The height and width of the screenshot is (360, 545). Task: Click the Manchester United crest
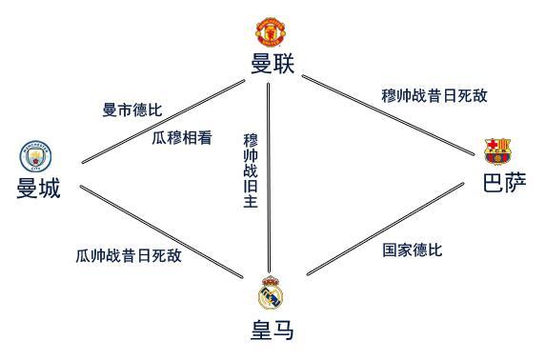272,32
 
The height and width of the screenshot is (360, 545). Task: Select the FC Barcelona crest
497,150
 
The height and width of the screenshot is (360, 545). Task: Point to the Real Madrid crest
272,293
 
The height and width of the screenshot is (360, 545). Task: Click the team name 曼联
272,64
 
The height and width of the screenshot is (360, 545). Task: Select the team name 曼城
38,189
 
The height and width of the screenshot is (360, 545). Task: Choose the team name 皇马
272,330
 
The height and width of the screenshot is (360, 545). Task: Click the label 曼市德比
131,110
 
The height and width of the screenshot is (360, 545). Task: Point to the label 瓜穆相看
182,138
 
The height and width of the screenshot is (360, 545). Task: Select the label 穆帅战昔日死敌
434,95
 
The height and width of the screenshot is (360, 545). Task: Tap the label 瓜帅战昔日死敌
129,255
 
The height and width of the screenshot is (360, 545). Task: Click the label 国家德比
413,250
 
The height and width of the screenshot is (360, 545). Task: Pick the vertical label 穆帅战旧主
251,177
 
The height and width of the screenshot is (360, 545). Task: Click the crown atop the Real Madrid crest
272,280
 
